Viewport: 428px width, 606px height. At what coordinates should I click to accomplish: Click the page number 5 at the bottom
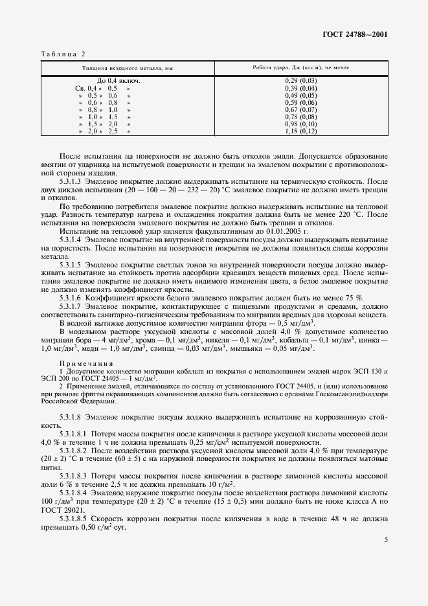[385, 557]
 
